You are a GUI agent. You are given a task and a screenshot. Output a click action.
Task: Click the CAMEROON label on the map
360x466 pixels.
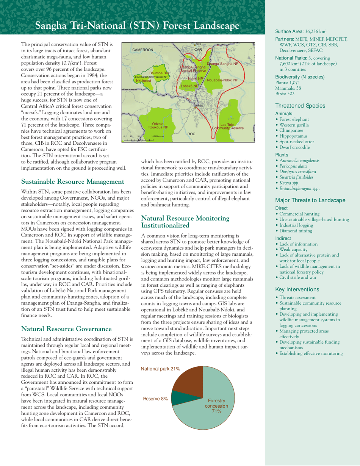(x=143, y=50)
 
